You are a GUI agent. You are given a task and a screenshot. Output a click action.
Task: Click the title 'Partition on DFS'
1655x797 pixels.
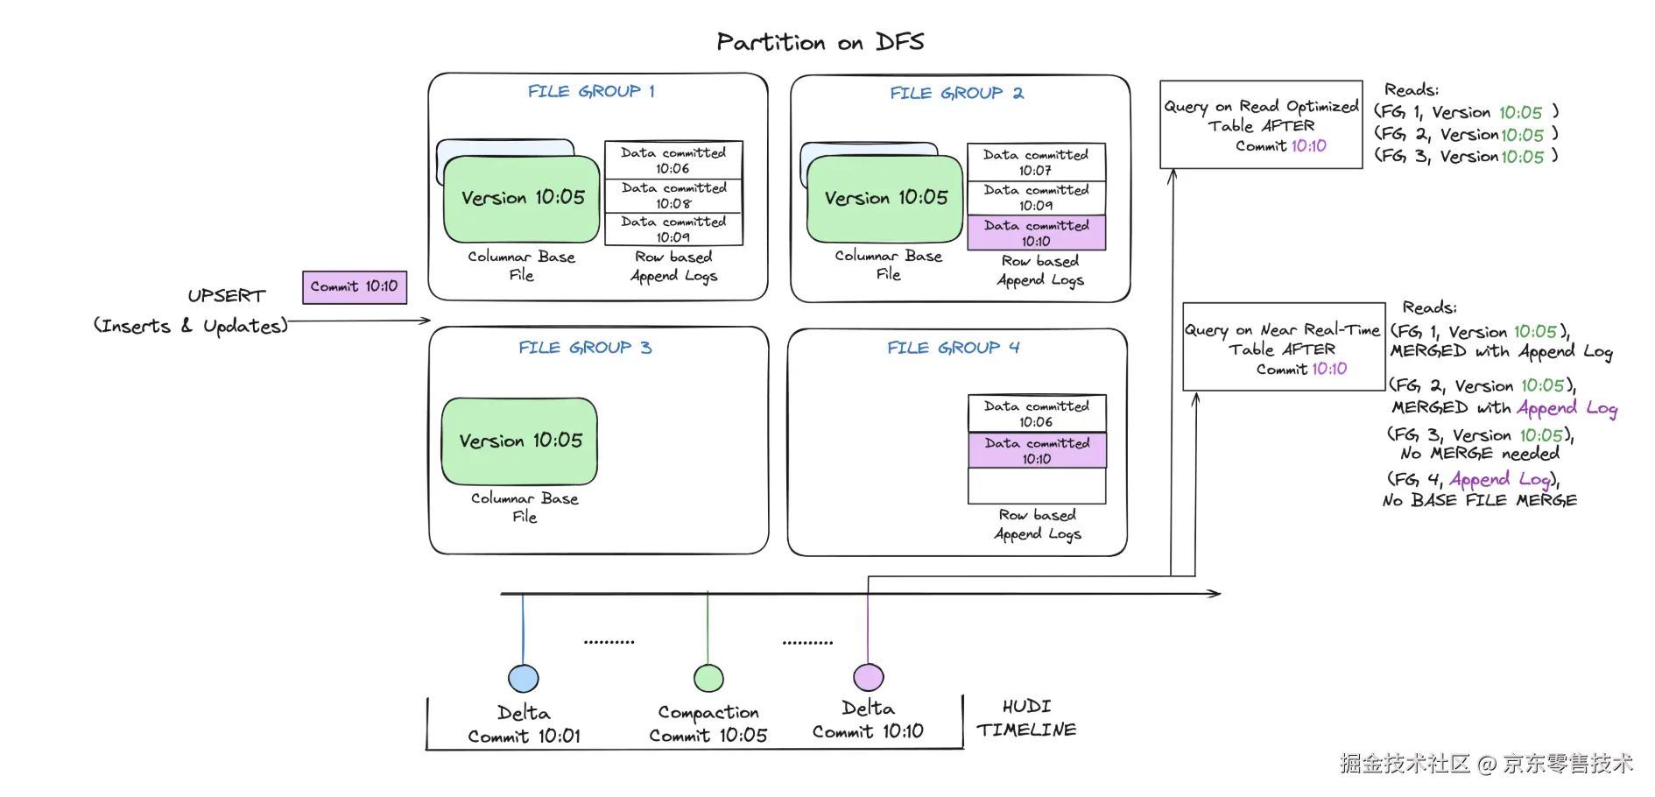(x=820, y=42)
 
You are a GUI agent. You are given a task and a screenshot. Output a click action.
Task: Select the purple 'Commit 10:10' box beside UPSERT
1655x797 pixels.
(x=355, y=287)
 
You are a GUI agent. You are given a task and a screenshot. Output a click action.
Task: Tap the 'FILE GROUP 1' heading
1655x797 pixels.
(x=591, y=91)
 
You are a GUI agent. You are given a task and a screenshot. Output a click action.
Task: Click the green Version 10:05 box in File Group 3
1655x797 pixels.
(x=520, y=441)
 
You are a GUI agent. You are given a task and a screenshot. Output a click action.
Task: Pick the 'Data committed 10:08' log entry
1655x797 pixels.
(x=673, y=195)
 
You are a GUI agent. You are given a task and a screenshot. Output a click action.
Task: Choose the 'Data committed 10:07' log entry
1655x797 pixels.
(x=1036, y=162)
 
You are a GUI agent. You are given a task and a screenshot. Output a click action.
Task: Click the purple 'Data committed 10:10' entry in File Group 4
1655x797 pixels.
(x=1037, y=450)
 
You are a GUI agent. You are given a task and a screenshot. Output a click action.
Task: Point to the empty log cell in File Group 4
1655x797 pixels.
(x=1037, y=486)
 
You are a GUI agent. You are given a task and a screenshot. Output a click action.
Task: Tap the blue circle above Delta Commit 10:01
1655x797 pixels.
(x=524, y=678)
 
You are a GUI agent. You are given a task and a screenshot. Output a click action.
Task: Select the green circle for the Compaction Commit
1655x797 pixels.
(x=708, y=678)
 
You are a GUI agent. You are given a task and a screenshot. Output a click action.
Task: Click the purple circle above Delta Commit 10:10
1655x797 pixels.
(x=868, y=677)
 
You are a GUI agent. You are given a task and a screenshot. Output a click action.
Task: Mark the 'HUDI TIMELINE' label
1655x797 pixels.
(x=1026, y=718)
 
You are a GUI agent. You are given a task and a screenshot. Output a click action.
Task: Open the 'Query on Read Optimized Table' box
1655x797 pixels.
(x=1261, y=124)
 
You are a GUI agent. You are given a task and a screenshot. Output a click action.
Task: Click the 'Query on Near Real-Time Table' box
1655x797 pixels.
(x=1283, y=347)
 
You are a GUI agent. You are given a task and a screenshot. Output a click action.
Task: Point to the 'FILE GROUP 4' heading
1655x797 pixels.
(x=953, y=348)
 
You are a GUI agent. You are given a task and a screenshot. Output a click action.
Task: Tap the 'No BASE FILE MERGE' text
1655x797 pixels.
(x=1480, y=500)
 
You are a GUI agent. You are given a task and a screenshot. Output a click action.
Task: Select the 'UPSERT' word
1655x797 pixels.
(x=226, y=296)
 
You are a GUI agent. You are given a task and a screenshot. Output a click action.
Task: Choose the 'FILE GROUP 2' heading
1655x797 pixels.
(x=956, y=93)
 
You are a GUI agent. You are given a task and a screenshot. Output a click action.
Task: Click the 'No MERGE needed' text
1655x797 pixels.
(x=1480, y=454)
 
